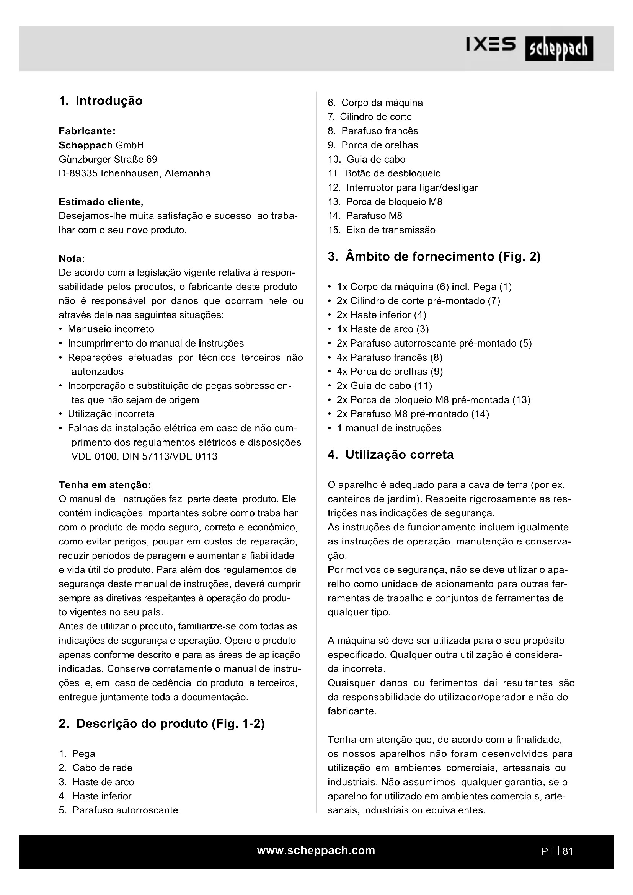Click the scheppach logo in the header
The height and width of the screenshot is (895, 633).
tap(559, 49)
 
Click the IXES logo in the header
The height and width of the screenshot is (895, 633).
tap(491, 45)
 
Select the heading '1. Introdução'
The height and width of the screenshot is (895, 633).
tap(101, 101)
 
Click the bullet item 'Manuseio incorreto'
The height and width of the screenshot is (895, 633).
tap(111, 329)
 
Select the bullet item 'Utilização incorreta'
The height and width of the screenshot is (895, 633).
tap(111, 414)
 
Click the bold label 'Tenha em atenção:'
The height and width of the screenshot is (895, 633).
tap(104, 485)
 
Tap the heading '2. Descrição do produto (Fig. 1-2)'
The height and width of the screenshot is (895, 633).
tap(162, 724)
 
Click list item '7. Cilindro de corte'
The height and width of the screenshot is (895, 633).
tap(370, 117)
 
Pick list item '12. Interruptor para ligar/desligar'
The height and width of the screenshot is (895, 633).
tap(403, 187)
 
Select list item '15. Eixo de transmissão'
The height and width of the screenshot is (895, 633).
tap(382, 230)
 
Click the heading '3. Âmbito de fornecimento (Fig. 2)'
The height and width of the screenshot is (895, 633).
tap(434, 256)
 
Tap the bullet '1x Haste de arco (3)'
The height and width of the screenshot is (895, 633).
tap(383, 329)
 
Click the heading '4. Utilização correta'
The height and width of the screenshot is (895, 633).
tap(391, 455)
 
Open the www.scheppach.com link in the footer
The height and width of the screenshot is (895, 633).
tap(316, 850)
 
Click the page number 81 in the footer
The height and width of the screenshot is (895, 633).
tap(568, 851)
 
